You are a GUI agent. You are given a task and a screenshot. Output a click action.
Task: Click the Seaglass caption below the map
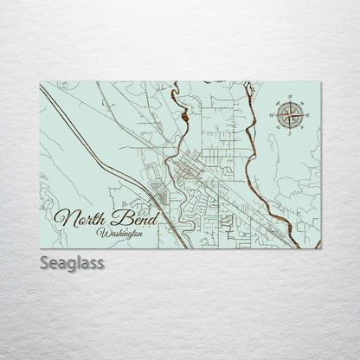point(72,260)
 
